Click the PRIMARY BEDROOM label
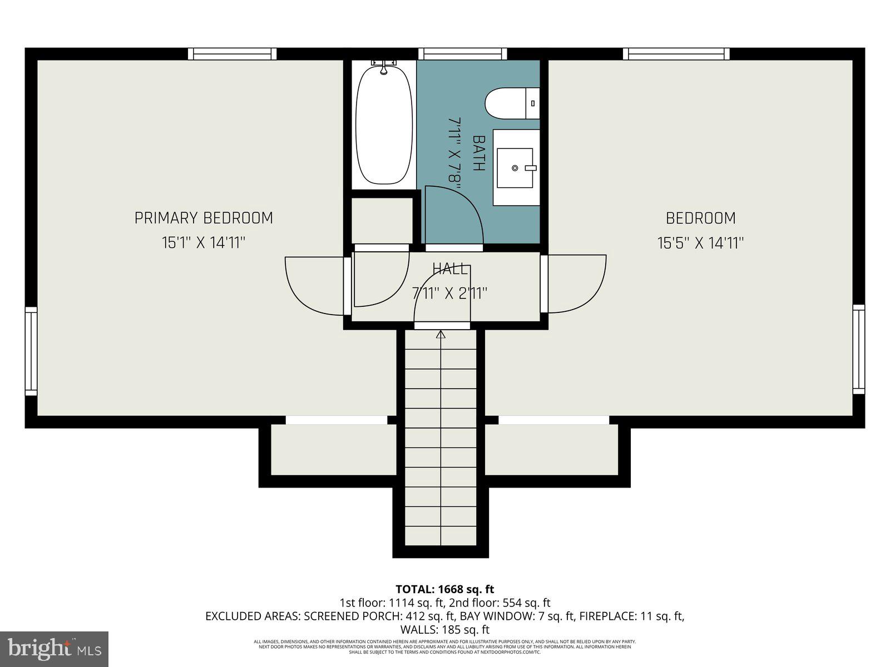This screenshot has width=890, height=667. click(204, 218)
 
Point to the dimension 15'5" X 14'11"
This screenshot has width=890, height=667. click(700, 243)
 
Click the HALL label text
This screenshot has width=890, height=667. click(451, 270)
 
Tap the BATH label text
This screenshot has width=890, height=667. click(479, 153)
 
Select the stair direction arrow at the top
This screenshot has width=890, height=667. click(441, 335)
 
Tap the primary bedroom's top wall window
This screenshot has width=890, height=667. click(232, 54)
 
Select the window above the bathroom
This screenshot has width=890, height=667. click(462, 54)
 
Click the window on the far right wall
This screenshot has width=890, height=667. click(859, 349)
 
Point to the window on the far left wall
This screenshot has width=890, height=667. click(31, 351)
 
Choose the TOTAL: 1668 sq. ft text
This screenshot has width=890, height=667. click(444, 589)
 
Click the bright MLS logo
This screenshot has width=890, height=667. click(55, 649)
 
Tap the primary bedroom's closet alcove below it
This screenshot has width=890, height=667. click(333, 450)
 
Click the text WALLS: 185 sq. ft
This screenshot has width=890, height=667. click(444, 630)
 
